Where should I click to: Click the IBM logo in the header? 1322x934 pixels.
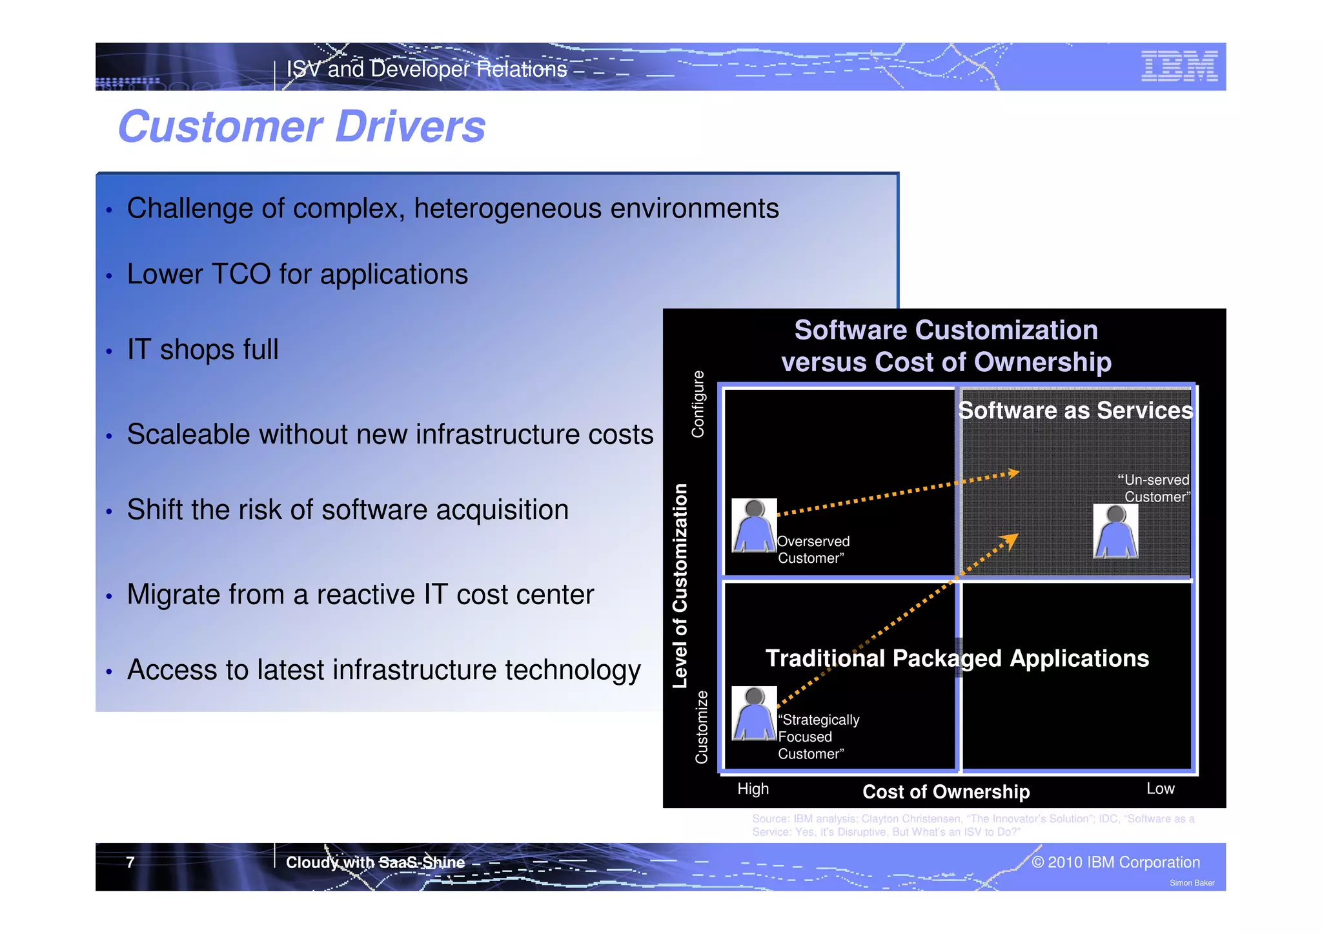pyautogui.click(x=1179, y=66)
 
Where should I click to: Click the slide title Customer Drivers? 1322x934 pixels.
pyautogui.click(x=301, y=127)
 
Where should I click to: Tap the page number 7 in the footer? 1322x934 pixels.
pyautogui.click(x=130, y=862)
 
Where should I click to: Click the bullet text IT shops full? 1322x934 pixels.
pyautogui.click(x=203, y=350)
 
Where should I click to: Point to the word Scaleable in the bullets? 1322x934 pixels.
pyautogui.click(x=188, y=434)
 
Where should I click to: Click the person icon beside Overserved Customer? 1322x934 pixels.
pyautogui.click(x=753, y=525)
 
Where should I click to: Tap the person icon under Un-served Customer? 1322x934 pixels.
pyautogui.click(x=1115, y=532)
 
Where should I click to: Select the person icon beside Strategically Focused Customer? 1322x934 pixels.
pyautogui.click(x=753, y=713)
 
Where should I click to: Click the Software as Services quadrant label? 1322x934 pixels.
pyautogui.click(x=1075, y=411)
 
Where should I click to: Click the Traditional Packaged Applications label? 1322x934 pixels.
pyautogui.click(x=957, y=658)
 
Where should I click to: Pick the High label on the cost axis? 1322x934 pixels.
pyautogui.click(x=753, y=789)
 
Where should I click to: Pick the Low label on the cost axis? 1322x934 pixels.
pyautogui.click(x=1160, y=789)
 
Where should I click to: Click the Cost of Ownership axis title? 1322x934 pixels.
pyautogui.click(x=946, y=792)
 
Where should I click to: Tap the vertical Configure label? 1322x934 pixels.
pyautogui.click(x=698, y=404)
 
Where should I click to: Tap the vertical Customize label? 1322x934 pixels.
pyautogui.click(x=701, y=727)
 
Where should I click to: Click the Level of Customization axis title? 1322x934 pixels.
pyautogui.click(x=680, y=585)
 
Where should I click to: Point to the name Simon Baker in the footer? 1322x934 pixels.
pyautogui.click(x=1192, y=883)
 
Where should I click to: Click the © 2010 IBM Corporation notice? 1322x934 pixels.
pyautogui.click(x=1115, y=862)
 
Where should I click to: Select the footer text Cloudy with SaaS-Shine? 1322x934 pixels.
pyautogui.click(x=375, y=862)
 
